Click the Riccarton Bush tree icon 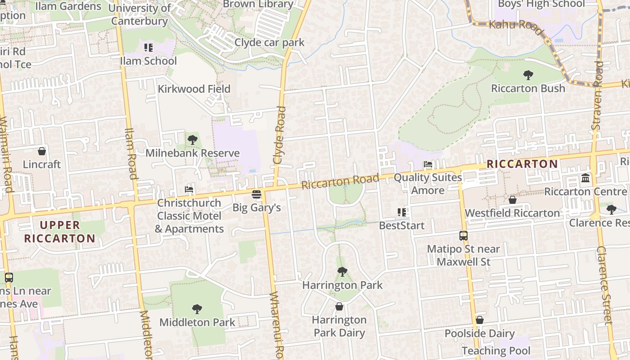pyautogui.click(x=528, y=75)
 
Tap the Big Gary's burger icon pyautogui.click(x=256, y=194)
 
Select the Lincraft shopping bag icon pyautogui.click(x=42, y=151)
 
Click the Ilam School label pyautogui.click(x=148, y=61)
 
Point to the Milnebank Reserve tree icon pyautogui.click(x=193, y=140)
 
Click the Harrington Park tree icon pyautogui.click(x=342, y=272)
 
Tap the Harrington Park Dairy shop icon pyautogui.click(x=339, y=306)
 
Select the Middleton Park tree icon pyautogui.click(x=197, y=309)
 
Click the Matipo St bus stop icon pyautogui.click(x=463, y=235)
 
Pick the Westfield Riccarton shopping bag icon pyautogui.click(x=512, y=200)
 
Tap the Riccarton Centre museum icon pyautogui.click(x=585, y=179)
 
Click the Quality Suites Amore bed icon pyautogui.click(x=428, y=165)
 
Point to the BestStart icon pyautogui.click(x=402, y=212)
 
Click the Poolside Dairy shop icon pyautogui.click(x=480, y=320)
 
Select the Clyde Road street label pyautogui.click(x=279, y=135)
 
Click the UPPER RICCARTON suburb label pyautogui.click(x=59, y=232)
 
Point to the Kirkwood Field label pyautogui.click(x=194, y=89)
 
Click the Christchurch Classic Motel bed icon pyautogui.click(x=189, y=189)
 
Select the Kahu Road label pyautogui.click(x=516, y=25)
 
